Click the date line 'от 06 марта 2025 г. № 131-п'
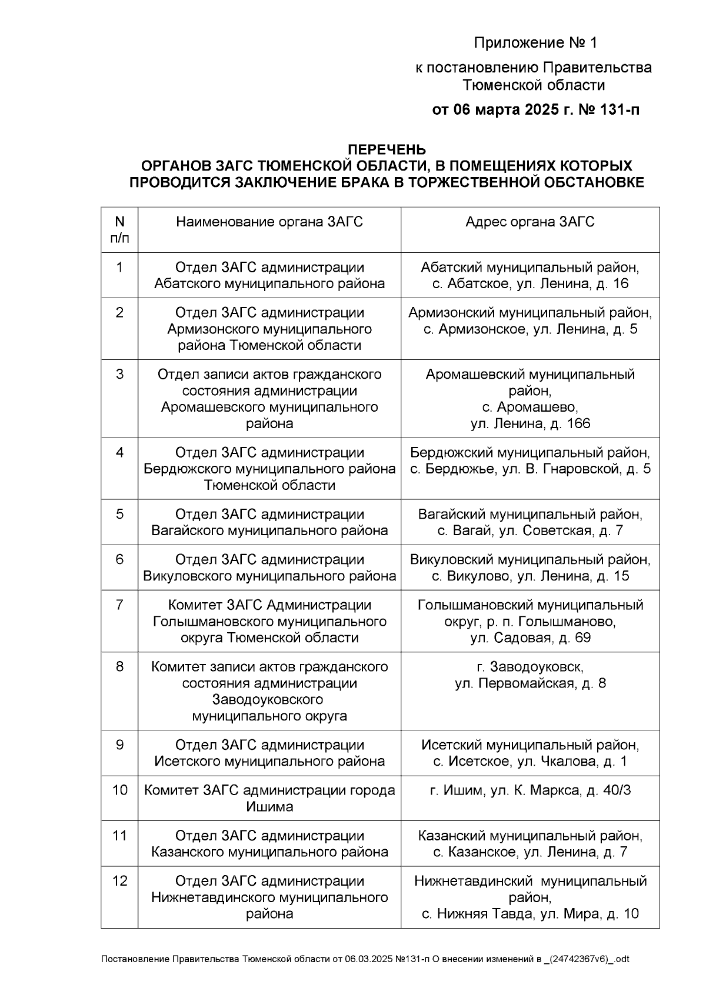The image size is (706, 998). [535, 110]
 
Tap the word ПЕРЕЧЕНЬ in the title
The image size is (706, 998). [387, 149]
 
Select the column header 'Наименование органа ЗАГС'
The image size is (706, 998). [269, 222]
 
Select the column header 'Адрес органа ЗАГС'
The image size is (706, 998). [529, 222]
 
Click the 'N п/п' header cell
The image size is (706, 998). [119, 229]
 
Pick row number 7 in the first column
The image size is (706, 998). [119, 605]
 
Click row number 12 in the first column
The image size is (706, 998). [119, 881]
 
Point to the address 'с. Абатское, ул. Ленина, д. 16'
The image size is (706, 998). [529, 284]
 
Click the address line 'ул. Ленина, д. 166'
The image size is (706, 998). [529, 423]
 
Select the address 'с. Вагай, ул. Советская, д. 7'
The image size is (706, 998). [529, 531]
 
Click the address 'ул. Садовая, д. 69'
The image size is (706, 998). [529, 638]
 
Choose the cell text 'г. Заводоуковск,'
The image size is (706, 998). [529, 667]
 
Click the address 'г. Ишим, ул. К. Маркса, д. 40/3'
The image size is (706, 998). [529, 790]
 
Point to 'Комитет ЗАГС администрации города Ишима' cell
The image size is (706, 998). [269, 798]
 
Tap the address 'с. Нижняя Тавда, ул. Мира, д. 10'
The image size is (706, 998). [529, 914]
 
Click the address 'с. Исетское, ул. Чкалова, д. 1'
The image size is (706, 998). [529, 762]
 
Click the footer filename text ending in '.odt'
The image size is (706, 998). [365, 959]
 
